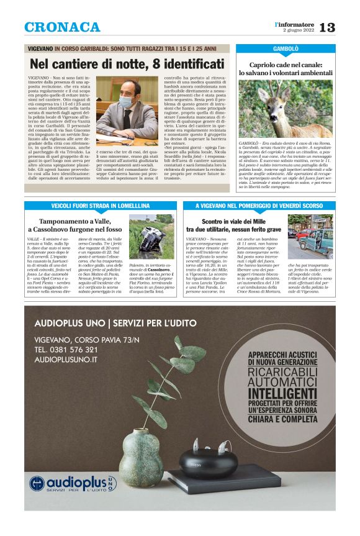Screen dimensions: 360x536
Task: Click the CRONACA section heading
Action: coord(62,27)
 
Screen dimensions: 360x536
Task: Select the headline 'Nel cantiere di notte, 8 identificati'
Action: coord(127,63)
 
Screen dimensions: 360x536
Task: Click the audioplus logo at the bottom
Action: coord(73,483)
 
